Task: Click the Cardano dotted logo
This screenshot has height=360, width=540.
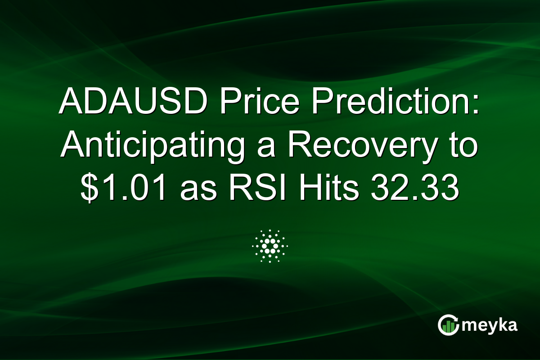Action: coord(270,246)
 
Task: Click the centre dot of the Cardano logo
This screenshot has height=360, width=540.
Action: coord(270,246)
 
